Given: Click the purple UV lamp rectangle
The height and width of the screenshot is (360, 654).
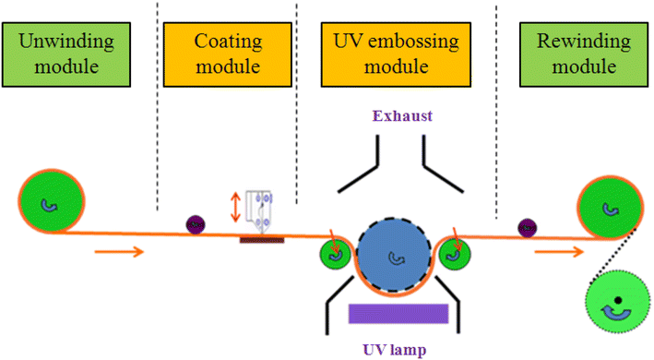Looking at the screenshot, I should coord(398,313).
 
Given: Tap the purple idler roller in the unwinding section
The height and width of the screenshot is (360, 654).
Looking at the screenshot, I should coord(196,223).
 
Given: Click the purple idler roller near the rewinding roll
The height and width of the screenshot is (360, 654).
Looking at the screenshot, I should coord(529,224).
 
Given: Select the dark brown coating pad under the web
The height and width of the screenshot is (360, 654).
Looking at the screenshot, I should coord(262,239).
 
